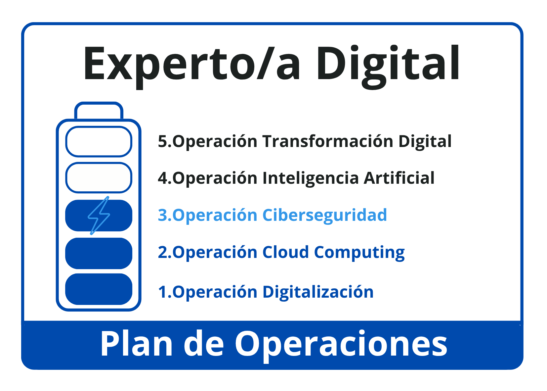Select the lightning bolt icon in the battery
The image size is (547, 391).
coord(99,216)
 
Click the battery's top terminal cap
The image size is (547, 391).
coord(99,110)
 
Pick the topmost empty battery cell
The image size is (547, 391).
coord(99,142)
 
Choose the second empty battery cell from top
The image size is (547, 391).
coord(99,178)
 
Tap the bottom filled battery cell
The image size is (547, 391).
coord(99,289)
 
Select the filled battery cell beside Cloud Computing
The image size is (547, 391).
coord(99,253)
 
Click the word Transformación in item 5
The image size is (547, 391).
coord(328,141)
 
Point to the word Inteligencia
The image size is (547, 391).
coord(311,178)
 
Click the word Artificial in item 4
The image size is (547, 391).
coord(399,178)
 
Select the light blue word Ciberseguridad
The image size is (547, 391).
coord(324,216)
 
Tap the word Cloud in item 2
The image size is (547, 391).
coord(285,252)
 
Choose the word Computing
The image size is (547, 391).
coord(359,253)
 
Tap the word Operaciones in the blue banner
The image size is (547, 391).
coord(341,346)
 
